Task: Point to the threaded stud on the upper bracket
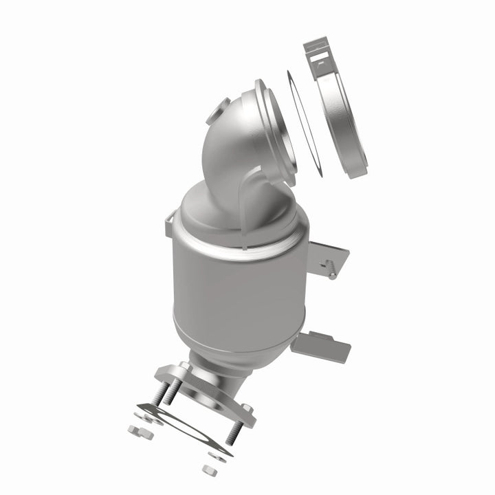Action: point(331,272)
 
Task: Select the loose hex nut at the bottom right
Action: point(209,470)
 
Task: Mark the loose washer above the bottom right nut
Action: point(213,454)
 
